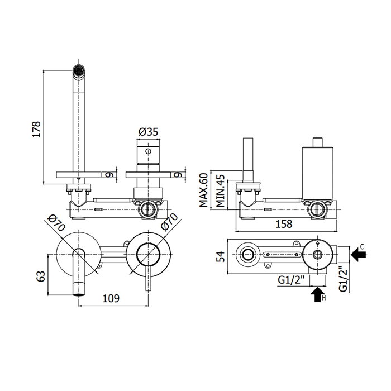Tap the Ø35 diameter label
[148, 132]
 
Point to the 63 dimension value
[39, 275]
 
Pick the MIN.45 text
[221, 192]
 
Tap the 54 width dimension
[221, 255]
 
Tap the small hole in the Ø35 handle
[148, 152]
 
